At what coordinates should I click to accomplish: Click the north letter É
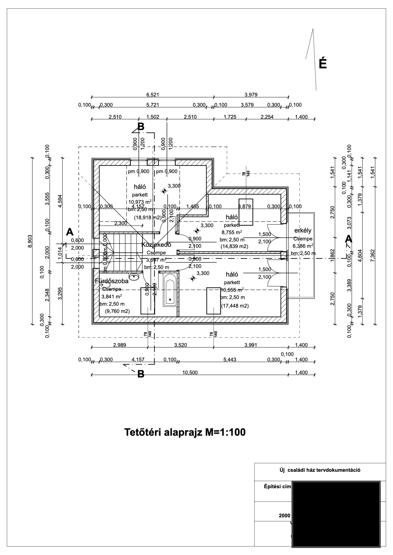[x=322, y=64]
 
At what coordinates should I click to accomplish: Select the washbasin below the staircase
[x=135, y=276]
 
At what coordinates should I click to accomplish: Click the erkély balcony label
[x=303, y=231]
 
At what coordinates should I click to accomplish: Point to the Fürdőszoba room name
[x=112, y=281]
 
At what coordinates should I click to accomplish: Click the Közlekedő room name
[x=156, y=245]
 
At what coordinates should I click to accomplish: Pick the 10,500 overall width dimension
[x=190, y=372]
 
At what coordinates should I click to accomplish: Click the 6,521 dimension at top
[x=152, y=94]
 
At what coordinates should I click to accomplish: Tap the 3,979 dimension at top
[x=251, y=94]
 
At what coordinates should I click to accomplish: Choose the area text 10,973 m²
[x=139, y=202]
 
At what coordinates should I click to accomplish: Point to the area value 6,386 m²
[x=303, y=246]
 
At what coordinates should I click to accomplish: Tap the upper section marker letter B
[x=141, y=127]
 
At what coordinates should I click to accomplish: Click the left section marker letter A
[x=70, y=232]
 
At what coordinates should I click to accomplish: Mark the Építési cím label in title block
[x=277, y=486]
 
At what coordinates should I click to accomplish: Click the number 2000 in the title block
[x=285, y=515]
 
